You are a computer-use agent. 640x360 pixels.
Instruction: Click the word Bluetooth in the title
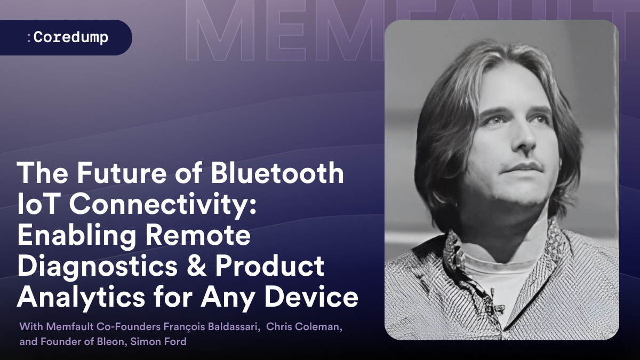(x=277, y=173)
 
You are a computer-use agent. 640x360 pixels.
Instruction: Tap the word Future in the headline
(x=122, y=173)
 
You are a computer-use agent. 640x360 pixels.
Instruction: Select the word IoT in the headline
(x=38, y=204)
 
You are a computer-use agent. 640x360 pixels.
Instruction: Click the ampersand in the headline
(x=196, y=266)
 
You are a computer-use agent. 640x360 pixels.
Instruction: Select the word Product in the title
(x=269, y=266)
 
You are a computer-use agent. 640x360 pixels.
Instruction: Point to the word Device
(x=311, y=297)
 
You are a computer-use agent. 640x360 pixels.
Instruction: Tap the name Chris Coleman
(x=303, y=326)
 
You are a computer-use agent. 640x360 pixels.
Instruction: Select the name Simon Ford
(x=158, y=341)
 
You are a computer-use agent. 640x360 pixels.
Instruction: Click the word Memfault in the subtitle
(x=70, y=326)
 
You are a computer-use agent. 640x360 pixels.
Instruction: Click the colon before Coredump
(x=29, y=38)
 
